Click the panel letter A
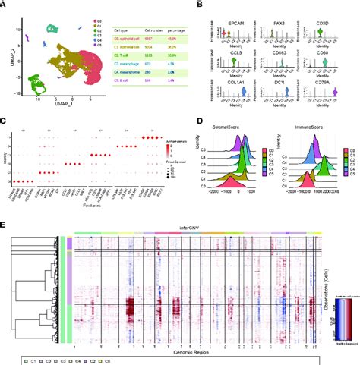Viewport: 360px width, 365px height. pyautogui.click(x=5, y=5)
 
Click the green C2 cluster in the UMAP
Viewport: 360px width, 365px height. pyautogui.click(x=33, y=82)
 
